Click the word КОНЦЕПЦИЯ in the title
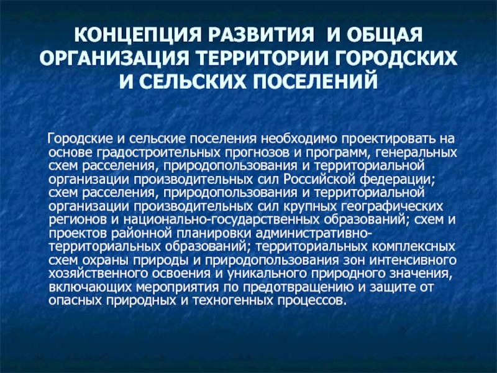[138, 35]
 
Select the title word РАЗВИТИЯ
[260, 35]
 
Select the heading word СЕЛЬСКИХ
[193, 81]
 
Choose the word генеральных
[416, 152]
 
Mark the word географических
[392, 206]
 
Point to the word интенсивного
[413, 260]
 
